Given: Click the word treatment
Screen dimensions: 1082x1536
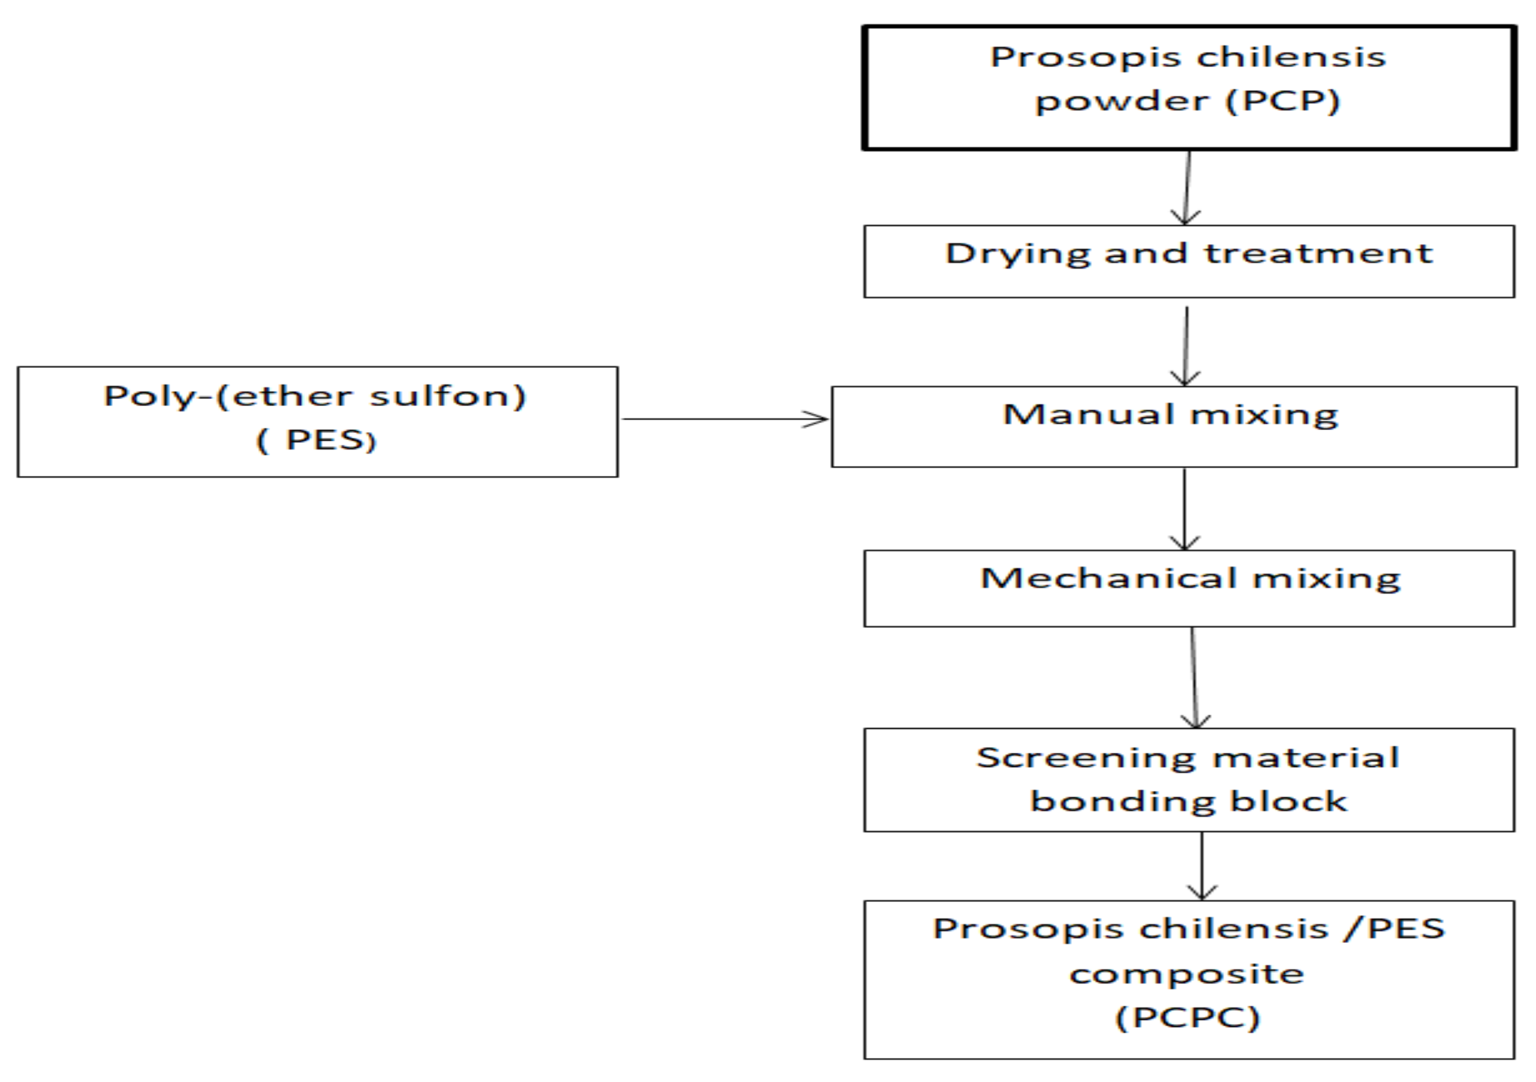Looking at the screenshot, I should pos(1318,254).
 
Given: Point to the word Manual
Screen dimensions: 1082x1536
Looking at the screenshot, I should pos(1089,415).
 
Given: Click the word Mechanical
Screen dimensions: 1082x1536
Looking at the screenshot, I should pos(1108,579).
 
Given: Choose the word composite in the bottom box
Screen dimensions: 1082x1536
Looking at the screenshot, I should pos(1187,975).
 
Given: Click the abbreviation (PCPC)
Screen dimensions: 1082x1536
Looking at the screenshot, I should pos(1187,1018).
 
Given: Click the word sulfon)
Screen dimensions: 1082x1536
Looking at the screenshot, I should pos(447,396).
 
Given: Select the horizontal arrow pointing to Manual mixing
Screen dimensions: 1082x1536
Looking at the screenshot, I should pos(725,420).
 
